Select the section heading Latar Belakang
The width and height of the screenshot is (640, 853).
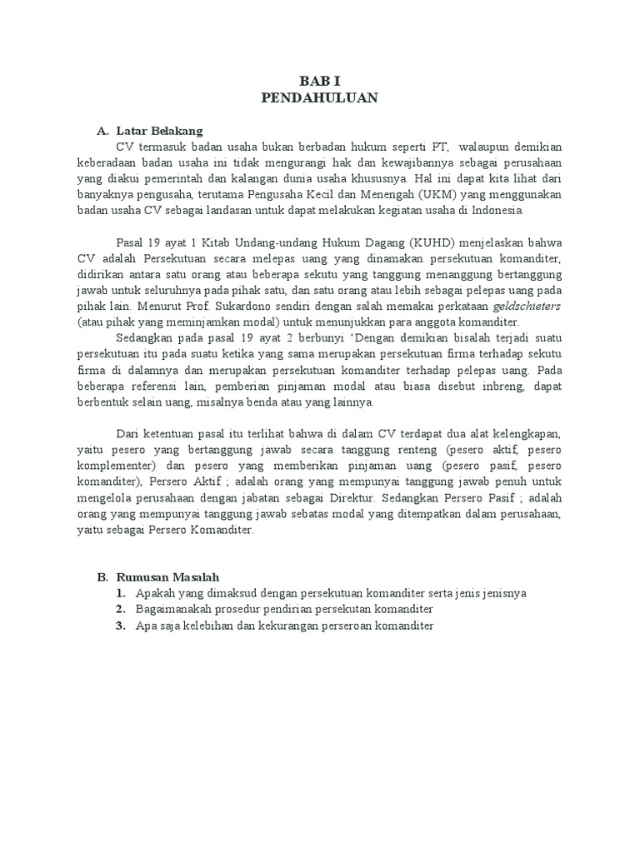pyautogui.click(x=159, y=131)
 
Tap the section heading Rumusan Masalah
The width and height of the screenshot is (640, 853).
pyautogui.click(x=169, y=576)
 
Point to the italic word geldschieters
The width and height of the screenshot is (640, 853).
pyautogui.click(x=506, y=307)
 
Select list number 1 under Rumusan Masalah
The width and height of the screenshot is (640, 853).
pyautogui.click(x=121, y=593)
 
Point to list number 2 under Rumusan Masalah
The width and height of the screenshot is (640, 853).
pyautogui.click(x=121, y=609)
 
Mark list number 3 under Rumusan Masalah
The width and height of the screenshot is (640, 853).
pyautogui.click(x=121, y=626)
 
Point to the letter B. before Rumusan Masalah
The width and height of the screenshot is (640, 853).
pyautogui.click(x=102, y=576)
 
